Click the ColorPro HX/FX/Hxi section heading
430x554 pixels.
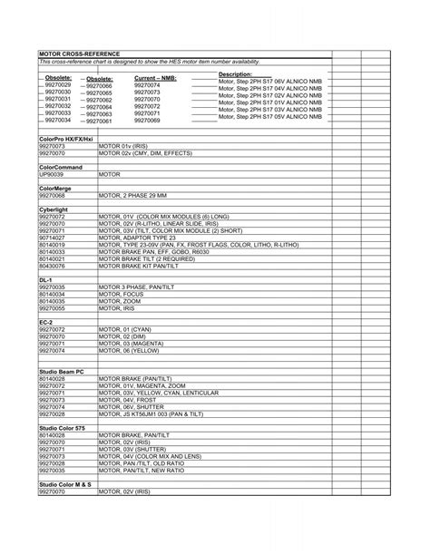[66, 138]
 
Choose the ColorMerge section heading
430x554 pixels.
[55, 187]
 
